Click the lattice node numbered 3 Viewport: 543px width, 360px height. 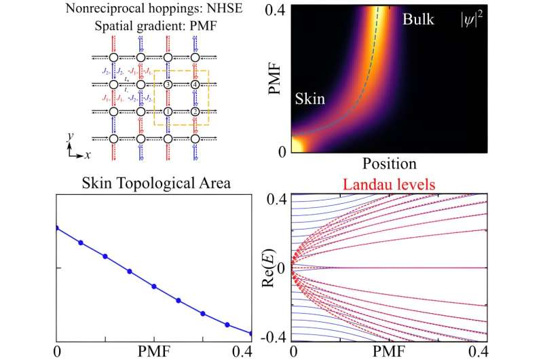click(x=168, y=84)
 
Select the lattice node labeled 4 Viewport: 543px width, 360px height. click(x=195, y=84)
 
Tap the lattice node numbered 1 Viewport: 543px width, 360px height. click(x=168, y=111)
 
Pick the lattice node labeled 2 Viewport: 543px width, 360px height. click(x=195, y=111)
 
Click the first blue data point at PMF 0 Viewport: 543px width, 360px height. click(x=56, y=228)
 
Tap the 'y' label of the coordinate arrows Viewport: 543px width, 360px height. click(x=70, y=136)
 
